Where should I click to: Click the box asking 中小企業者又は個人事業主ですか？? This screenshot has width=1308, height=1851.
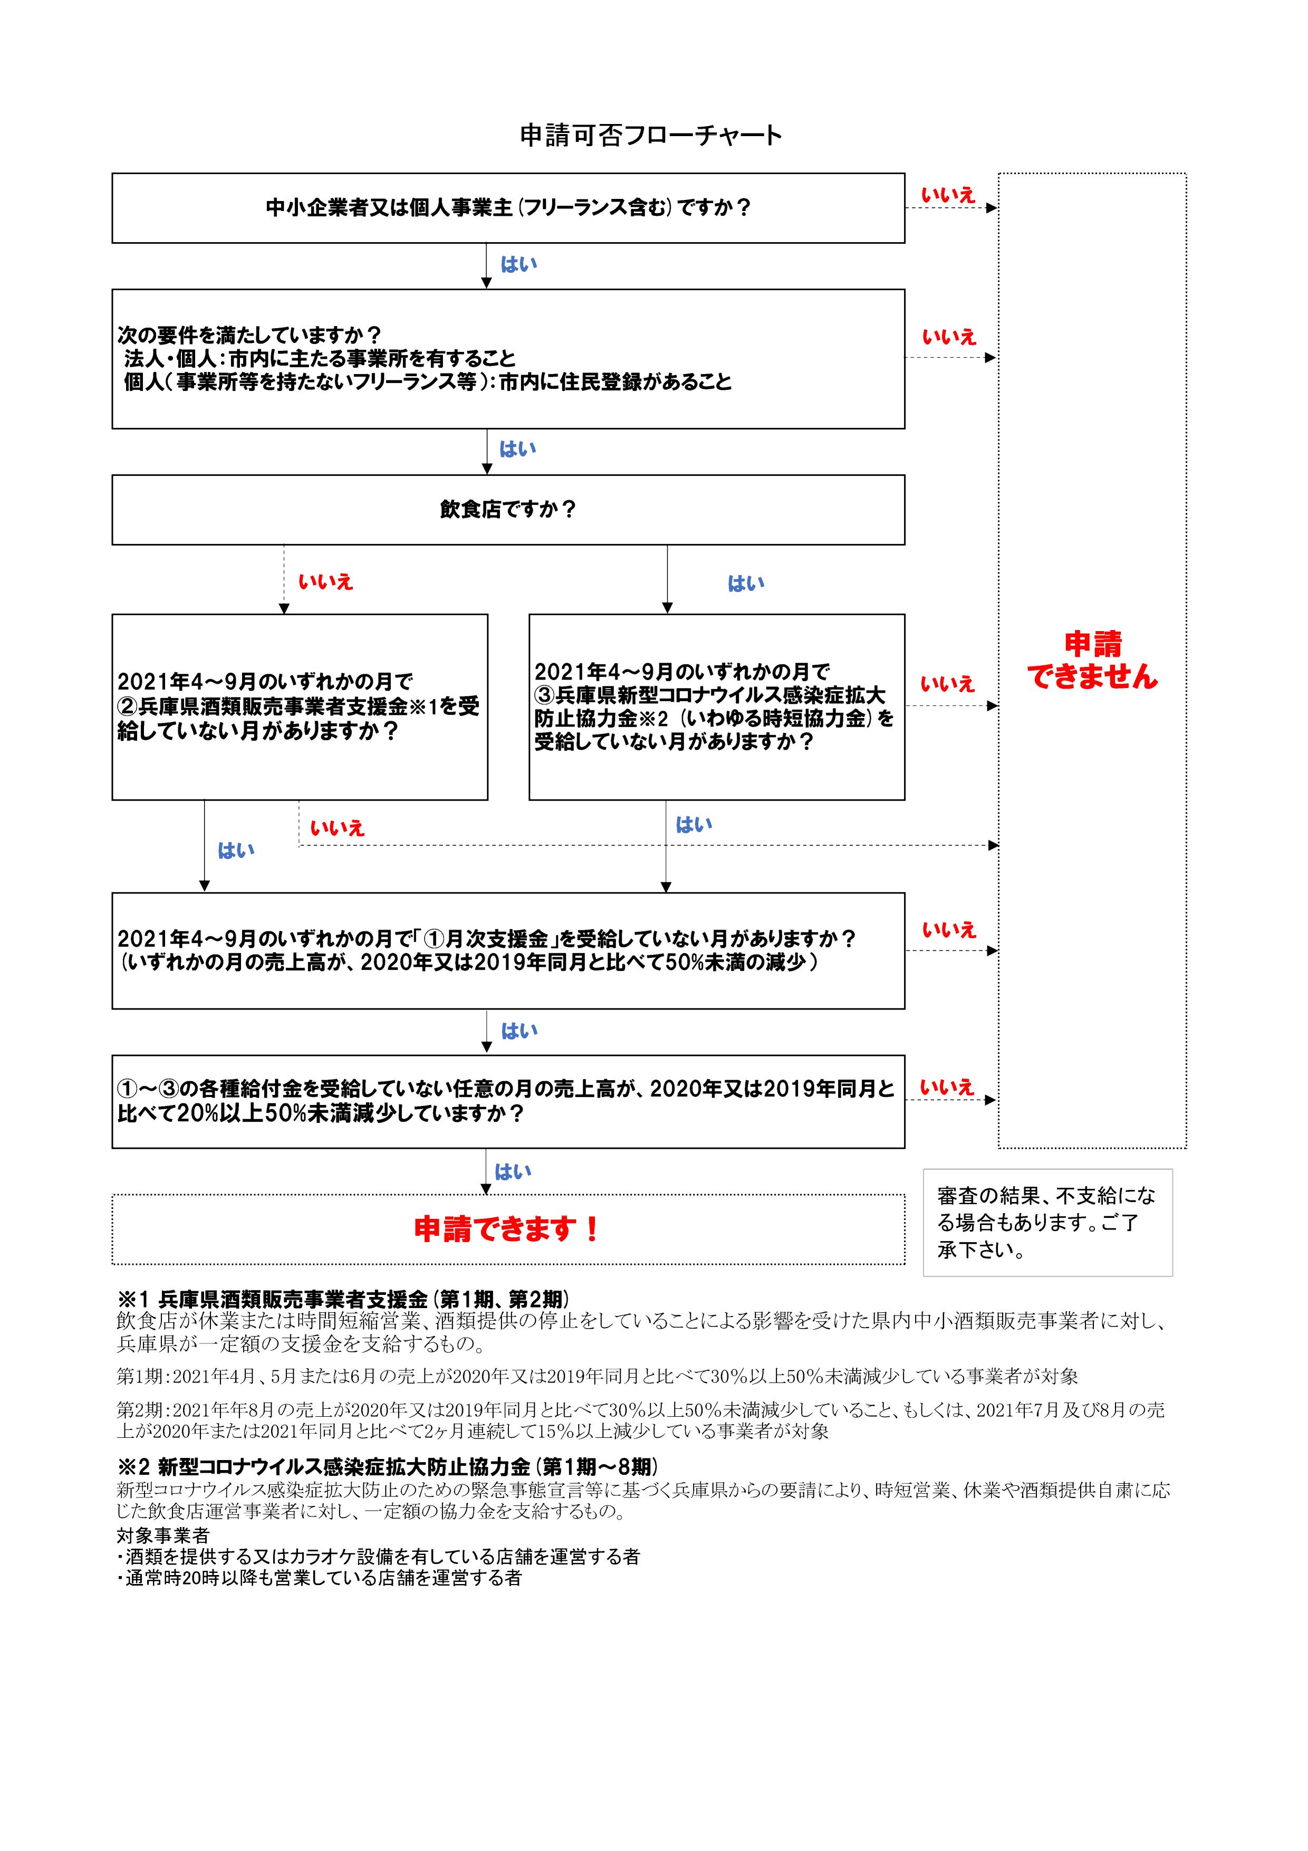[x=508, y=208]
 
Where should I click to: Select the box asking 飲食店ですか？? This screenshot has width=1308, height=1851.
[x=508, y=510]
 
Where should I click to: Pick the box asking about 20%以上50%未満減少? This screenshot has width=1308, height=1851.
[x=508, y=1101]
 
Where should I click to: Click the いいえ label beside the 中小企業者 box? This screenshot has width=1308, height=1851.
[x=948, y=195]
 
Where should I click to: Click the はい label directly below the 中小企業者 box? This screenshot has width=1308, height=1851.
[x=519, y=264]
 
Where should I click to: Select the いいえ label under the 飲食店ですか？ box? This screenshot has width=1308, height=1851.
[x=325, y=582]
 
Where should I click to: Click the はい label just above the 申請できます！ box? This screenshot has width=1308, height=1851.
[x=513, y=1171]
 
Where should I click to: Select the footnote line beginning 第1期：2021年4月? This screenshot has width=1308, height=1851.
[x=597, y=1376]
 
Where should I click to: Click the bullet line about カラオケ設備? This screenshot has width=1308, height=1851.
[x=379, y=1557]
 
